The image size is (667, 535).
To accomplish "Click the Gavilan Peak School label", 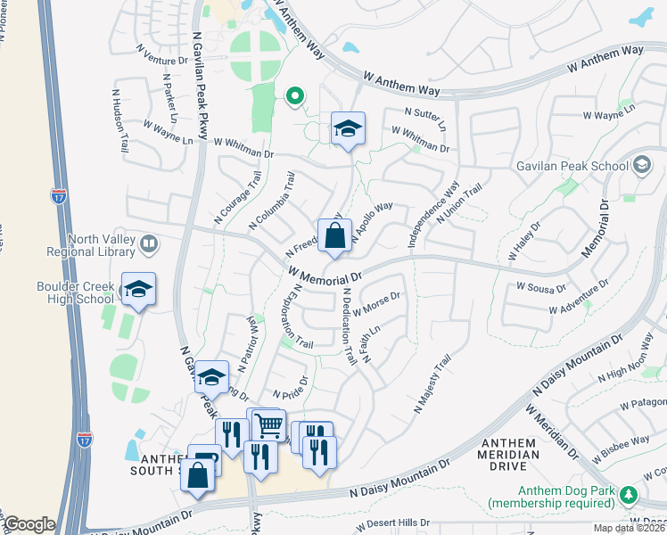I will pos(572,166).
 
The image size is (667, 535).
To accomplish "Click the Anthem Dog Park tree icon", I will pos(630,494).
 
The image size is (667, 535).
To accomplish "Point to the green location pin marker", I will pos(293,96).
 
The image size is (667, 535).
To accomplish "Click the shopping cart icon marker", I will pos(268,425).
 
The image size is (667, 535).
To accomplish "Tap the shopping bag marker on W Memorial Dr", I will pos(334,237).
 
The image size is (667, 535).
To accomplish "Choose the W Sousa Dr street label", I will pos(541,288).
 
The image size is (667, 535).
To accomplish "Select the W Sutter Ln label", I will pos(425,112).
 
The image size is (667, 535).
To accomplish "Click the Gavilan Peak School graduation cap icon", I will pos(642,165).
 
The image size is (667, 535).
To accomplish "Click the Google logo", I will pos(29,524).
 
